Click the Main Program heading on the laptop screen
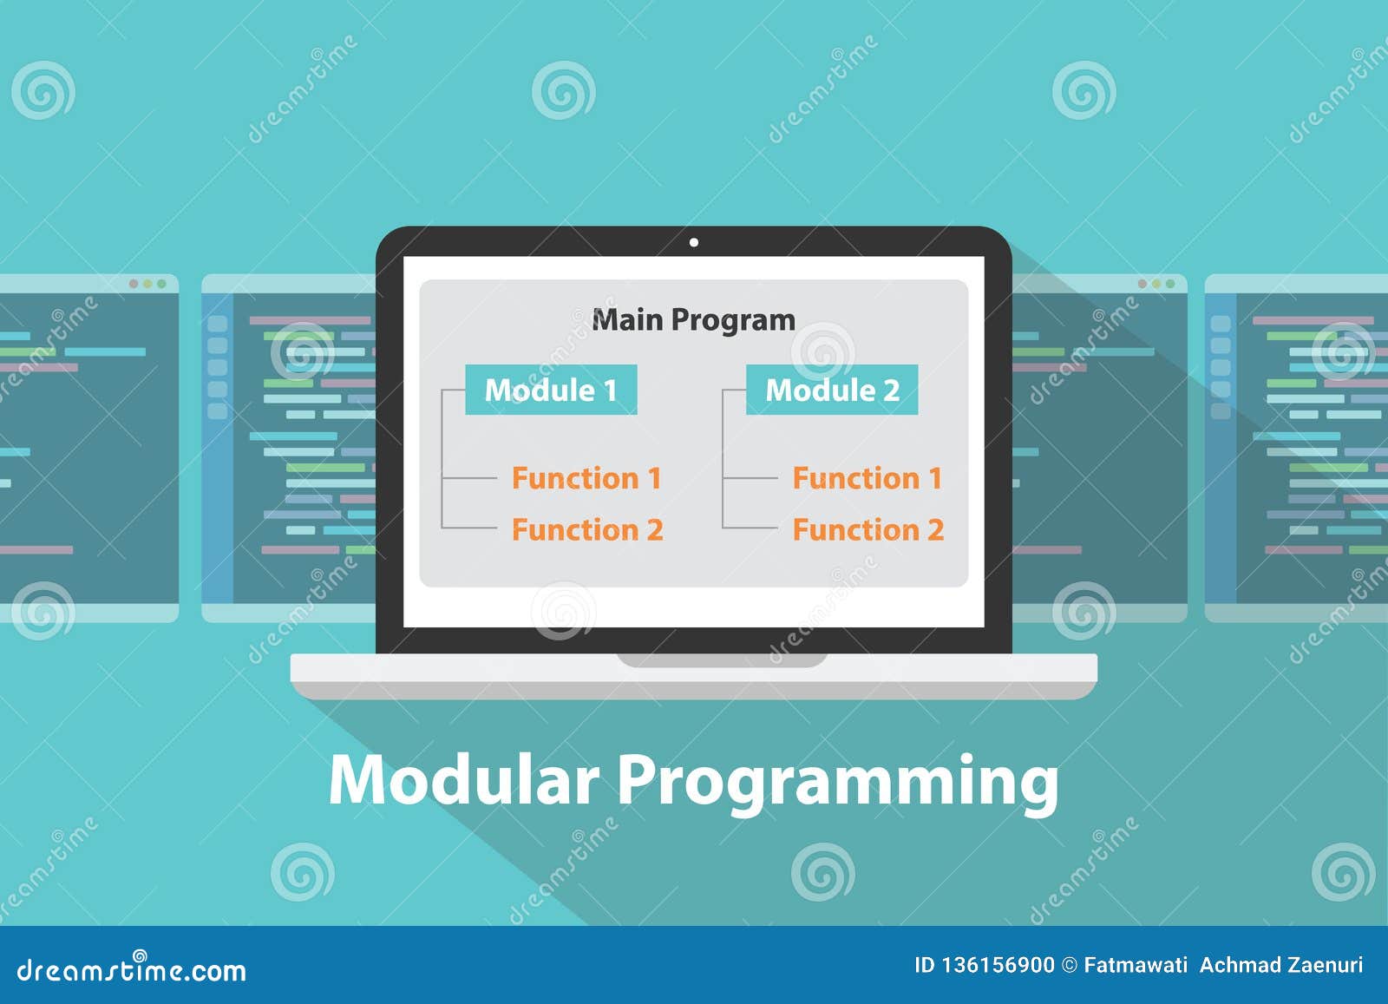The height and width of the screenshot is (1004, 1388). pos(693,320)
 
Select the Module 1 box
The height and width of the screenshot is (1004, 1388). pos(551,390)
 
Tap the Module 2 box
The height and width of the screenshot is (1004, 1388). pos(832,390)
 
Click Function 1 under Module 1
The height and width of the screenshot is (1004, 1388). pos(586,478)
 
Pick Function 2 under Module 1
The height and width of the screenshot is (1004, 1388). pos(587,530)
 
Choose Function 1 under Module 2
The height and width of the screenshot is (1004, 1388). pos(867,478)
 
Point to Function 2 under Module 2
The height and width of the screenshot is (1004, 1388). pos(868,530)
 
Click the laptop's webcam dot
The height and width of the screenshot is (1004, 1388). pos(694,242)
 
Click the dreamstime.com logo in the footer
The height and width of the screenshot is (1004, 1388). pos(131,968)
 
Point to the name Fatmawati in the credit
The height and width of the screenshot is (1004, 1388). pos(1136,965)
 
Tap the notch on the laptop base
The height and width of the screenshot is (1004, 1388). pos(722,660)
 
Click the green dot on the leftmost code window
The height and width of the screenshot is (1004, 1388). pos(161,284)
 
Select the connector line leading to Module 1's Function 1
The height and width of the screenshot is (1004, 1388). pos(469,478)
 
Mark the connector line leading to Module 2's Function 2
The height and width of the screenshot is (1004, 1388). pos(750,528)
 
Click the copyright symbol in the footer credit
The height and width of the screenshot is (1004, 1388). pos(1070,966)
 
